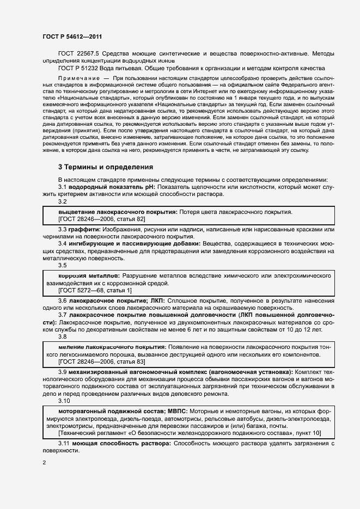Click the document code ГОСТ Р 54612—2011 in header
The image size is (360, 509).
tap(72, 36)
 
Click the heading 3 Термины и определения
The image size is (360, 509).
tap(106, 167)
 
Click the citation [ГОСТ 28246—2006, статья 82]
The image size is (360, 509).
tap(101, 219)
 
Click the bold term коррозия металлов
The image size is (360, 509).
tap(89, 276)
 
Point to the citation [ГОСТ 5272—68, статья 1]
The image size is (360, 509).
tap(95, 291)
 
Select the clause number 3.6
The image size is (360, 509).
tap(63, 301)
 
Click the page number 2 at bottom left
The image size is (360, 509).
tap(44, 463)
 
